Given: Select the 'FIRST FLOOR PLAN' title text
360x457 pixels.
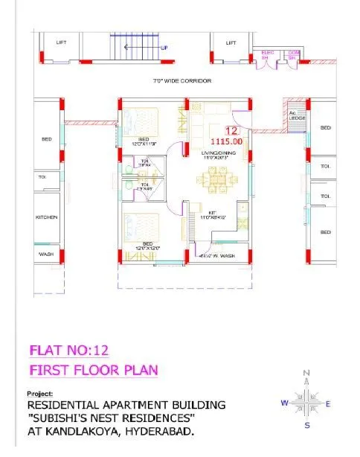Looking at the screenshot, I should tap(94, 370).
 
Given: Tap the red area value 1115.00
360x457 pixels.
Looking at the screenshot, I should tap(226, 140).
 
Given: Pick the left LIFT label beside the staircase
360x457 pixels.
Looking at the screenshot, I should tap(61, 42).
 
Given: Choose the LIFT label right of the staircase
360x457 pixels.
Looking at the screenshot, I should tap(231, 42).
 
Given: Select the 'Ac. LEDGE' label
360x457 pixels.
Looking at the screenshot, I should tap(295, 115).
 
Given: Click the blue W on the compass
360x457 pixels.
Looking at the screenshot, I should tap(283, 403).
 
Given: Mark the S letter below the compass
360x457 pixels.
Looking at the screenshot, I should tap(307, 426).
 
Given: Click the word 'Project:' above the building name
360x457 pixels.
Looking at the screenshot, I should tap(39, 392).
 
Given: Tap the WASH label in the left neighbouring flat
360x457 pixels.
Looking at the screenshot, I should tap(46, 255).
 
